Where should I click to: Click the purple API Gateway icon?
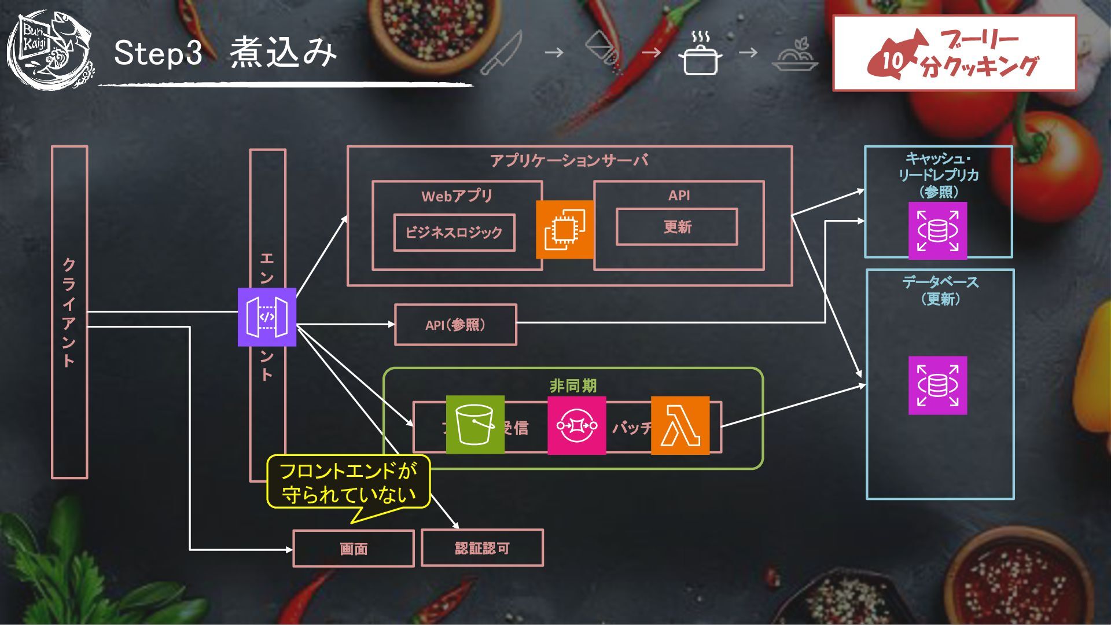pos(267,317)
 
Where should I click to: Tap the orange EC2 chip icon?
pos(565,230)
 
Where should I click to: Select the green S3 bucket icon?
pos(475,425)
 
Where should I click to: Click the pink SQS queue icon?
pos(576,425)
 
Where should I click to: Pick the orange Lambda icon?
pos(680,425)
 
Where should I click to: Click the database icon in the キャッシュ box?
pos(937,230)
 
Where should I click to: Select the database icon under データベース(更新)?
pos(937,385)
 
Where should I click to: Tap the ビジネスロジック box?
pos(454,233)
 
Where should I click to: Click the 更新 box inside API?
pos(677,227)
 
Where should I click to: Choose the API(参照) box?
pos(455,325)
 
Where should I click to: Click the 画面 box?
pos(354,548)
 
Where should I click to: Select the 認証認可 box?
pos(482,547)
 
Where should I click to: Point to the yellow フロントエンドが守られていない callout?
pos(348,482)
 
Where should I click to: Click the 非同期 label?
pos(573,385)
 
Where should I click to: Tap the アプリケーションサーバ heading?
pos(569,160)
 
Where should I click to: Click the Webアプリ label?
pos(457,196)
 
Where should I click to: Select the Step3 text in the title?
pos(158,53)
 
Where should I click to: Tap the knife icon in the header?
pos(501,53)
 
